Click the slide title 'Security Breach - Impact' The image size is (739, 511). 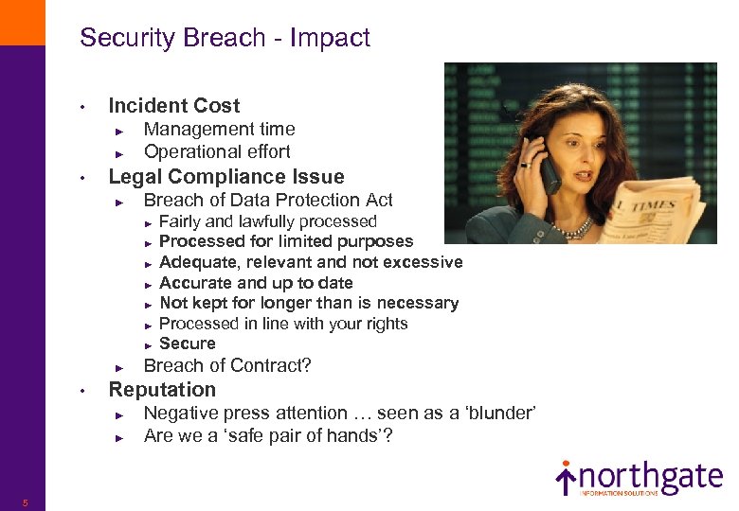[x=225, y=38]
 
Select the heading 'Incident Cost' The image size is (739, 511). [x=174, y=106]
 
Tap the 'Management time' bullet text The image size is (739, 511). [x=219, y=129]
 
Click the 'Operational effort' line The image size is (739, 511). [x=217, y=151]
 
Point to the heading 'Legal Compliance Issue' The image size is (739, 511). [x=226, y=177]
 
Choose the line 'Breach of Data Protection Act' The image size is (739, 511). [x=268, y=200]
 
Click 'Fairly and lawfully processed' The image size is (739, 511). [x=268, y=221]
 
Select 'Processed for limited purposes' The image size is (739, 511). [x=286, y=241]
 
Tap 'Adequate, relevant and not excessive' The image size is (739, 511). [x=311, y=262]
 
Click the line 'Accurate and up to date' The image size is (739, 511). [x=256, y=283]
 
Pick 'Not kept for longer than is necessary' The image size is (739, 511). [x=309, y=303]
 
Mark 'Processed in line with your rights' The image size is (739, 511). [x=283, y=324]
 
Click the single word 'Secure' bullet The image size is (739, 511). [x=188, y=344]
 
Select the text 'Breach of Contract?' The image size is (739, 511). [x=227, y=365]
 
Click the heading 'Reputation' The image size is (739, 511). [x=162, y=390]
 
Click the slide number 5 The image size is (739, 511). [x=26, y=502]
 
